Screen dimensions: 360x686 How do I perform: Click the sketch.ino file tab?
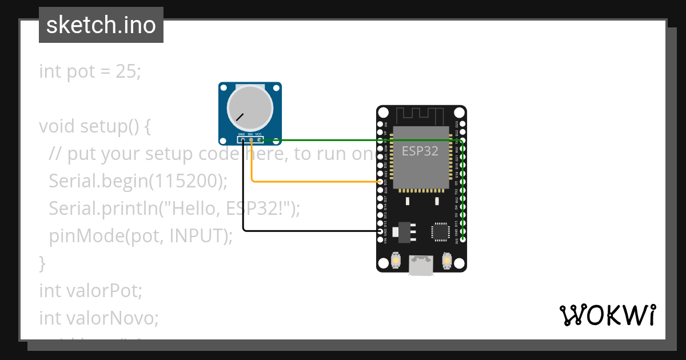coord(101,25)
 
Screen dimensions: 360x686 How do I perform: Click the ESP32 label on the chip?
coord(420,151)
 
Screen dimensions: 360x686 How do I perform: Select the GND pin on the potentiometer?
coord(243,139)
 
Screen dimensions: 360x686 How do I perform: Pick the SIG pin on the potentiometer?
coord(251,139)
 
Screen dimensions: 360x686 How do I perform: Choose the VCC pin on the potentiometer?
coord(259,139)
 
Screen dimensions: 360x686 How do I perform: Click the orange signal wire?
coord(314,182)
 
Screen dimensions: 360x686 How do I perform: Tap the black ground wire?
coord(309,230)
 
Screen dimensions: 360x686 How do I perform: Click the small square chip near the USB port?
coord(441,231)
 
